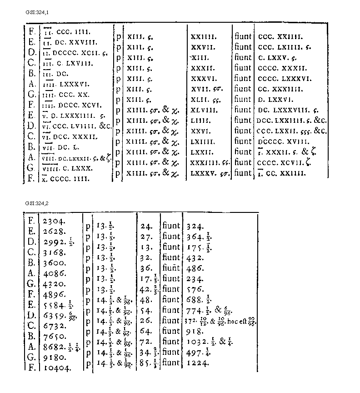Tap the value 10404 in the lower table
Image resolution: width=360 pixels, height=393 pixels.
pos(58,368)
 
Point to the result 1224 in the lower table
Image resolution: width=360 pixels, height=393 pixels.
pos(198,363)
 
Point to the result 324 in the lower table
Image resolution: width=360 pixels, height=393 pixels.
pos(194,226)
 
